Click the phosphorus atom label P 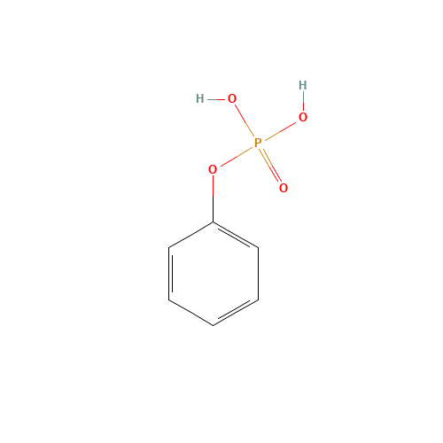coord(258,143)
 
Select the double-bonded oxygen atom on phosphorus coord(284,188)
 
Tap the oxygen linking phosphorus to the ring coord(213,169)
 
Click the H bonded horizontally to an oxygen coord(200,98)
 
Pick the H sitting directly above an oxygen coord(303,85)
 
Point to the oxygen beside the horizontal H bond coord(232,98)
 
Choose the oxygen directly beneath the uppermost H coord(303,117)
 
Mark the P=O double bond coord(270,166)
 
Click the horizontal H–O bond coord(216,99)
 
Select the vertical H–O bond coord(303,101)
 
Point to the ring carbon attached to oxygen coord(214,222)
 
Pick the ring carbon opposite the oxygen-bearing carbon coord(214,325)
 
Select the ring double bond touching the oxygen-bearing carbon coord(236,235)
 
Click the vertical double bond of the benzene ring coord(169,274)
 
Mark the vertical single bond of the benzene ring coord(259,274)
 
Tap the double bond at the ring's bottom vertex coord(236,313)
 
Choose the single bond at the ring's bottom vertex coord(190,313)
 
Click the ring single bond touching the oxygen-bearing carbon coord(190,235)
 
